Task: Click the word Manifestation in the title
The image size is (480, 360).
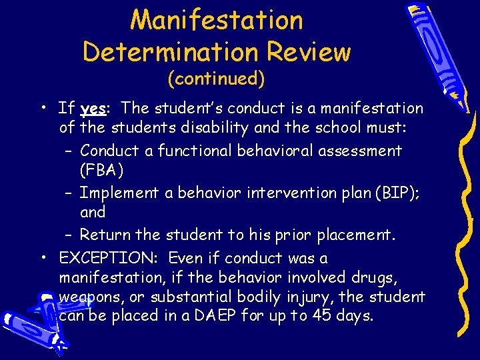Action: coord(217,20)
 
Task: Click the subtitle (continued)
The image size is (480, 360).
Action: coord(217,79)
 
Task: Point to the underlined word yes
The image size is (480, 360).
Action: coord(93,109)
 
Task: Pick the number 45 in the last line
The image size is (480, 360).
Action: coord(323,315)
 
